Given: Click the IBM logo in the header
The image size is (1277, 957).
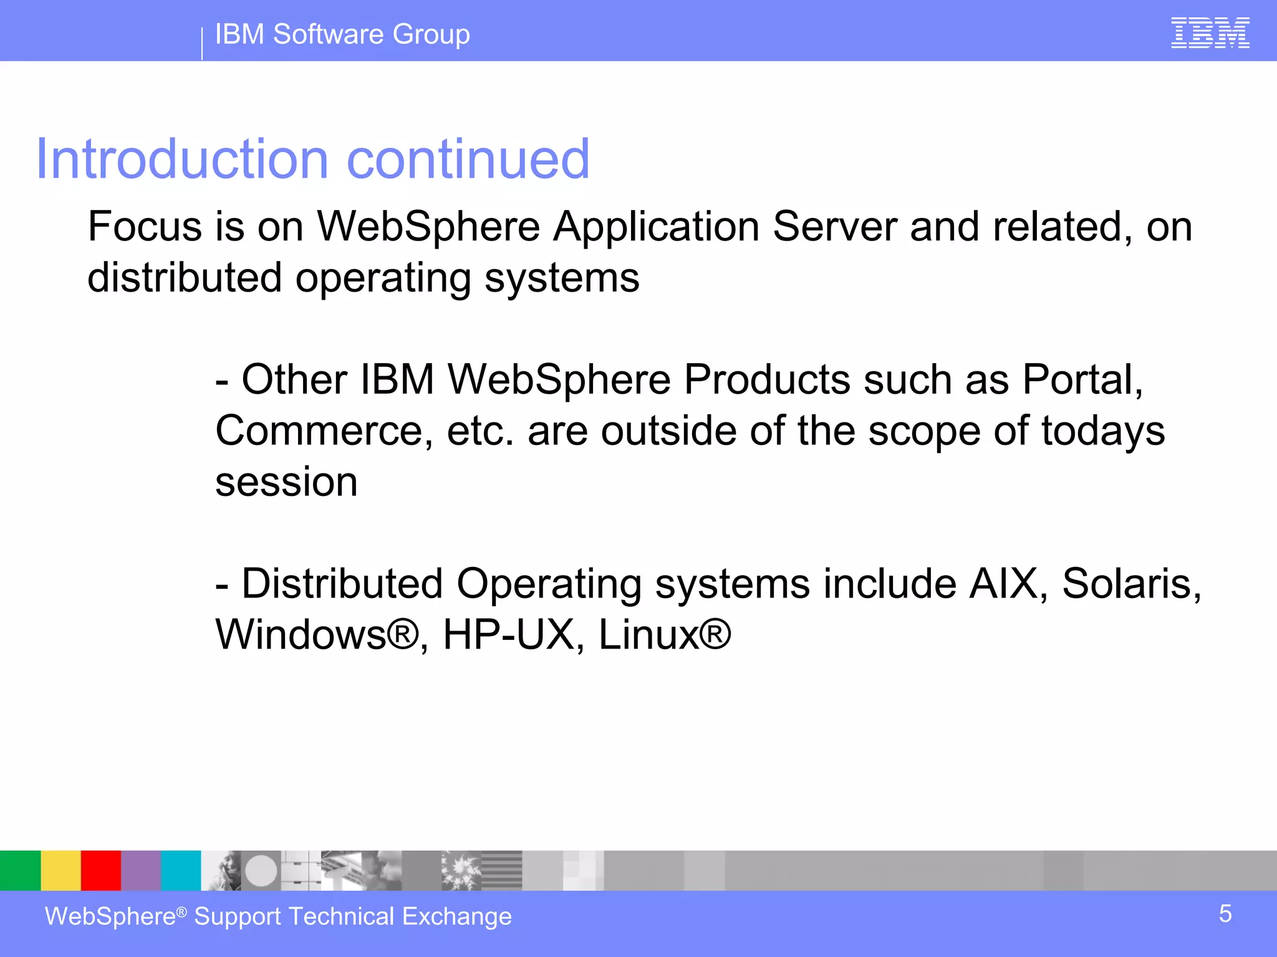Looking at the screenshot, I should coord(1210,33).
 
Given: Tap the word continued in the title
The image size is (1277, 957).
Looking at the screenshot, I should coord(468,159).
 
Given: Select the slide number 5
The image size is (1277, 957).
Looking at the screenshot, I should coord(1225,914).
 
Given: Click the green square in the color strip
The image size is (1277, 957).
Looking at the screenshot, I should coord(20,870).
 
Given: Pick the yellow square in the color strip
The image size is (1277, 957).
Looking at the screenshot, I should coord(60,870).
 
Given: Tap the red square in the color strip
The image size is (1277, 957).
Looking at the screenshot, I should coord(100,870).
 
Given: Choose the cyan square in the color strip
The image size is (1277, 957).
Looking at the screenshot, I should coord(181,870).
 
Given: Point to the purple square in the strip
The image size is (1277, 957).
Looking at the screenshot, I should coord(141,870).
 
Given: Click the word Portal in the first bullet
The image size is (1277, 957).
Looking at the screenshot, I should coord(1082,379).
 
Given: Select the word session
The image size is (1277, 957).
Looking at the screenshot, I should coord(286,483).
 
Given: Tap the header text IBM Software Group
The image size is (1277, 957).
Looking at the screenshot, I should coord(342,34).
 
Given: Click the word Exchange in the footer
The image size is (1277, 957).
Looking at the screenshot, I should coord(457,917).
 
